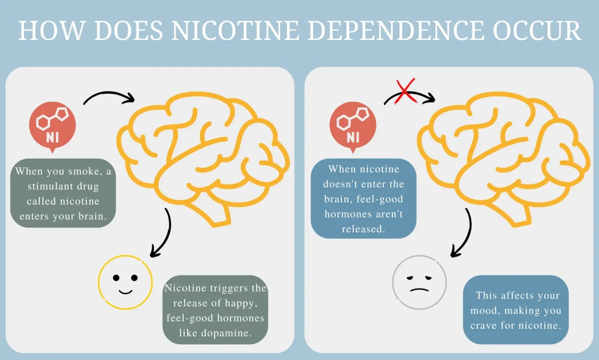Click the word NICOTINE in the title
pos(235,30)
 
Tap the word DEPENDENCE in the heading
pos(396,30)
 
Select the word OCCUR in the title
pos(537,30)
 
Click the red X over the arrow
pos(405,91)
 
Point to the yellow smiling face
pos(125,283)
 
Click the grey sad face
pos(419,283)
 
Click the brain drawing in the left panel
pos(203,159)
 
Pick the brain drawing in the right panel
pos(504,159)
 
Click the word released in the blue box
pos(364,229)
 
